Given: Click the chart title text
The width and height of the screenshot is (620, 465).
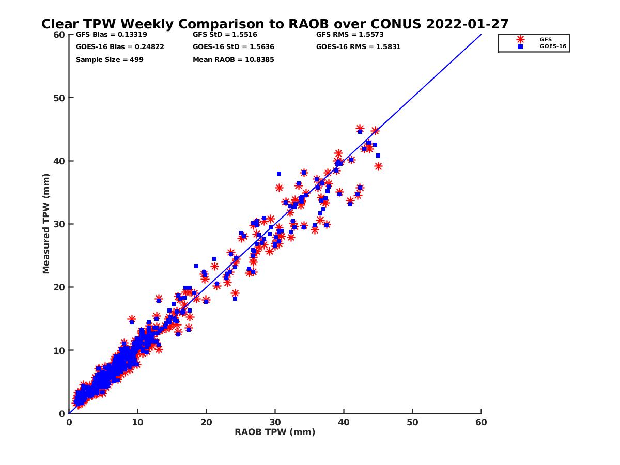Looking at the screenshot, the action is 274,24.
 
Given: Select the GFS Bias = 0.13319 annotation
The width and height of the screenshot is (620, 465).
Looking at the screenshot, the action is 111,35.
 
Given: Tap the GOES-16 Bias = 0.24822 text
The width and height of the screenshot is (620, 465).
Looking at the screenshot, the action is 120,47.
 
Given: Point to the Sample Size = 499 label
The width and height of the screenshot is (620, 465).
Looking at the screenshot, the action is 110,60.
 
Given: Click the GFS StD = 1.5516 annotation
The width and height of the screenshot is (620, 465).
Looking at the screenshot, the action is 225,35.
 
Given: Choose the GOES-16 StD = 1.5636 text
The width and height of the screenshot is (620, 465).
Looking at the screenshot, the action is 234,47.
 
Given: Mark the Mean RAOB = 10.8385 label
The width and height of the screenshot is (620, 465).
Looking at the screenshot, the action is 234,60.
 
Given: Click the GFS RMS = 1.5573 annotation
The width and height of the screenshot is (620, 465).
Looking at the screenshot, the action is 350,35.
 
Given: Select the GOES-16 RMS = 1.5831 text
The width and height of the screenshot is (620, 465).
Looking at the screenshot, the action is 358,47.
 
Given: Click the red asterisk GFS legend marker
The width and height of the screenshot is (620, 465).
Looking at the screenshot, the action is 520,40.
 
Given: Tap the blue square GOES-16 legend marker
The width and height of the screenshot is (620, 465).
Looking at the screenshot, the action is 520,47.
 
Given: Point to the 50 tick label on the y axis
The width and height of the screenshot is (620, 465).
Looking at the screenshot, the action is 59,98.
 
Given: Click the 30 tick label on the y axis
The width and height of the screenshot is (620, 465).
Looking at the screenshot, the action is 59,224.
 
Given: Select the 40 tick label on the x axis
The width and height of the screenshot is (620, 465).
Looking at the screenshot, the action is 344,422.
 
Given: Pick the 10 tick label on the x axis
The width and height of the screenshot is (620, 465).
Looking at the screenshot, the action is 137,422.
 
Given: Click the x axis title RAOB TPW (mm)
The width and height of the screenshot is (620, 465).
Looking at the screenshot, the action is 275,432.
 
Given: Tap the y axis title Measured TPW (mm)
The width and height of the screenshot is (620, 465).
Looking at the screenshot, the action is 46,224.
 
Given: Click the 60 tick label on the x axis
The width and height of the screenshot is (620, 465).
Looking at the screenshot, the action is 481,422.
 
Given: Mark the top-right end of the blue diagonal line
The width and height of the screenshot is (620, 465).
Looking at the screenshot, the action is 482,35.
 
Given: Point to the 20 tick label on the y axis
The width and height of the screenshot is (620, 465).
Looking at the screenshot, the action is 59,287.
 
